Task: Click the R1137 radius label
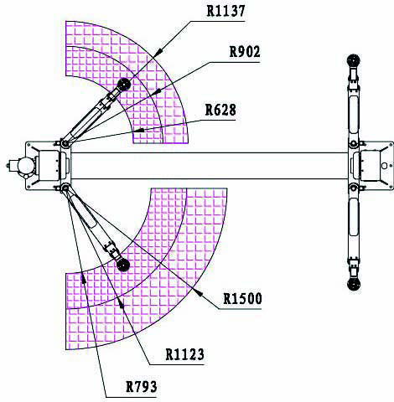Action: (226, 11)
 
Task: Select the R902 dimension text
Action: (245, 52)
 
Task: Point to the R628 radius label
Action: (220, 110)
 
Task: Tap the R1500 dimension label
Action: (242, 298)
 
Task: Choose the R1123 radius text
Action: (184, 354)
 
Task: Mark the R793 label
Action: (142, 387)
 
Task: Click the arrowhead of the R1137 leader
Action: (158, 52)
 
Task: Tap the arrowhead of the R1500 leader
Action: (198, 291)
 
